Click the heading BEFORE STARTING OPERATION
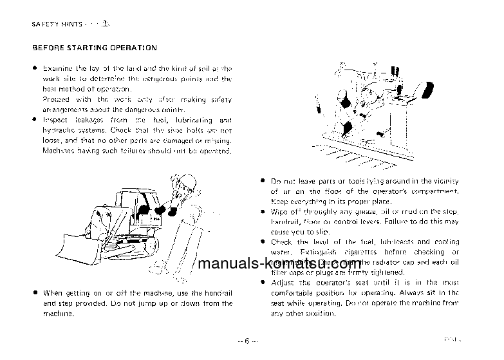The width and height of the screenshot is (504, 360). pos(94,48)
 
